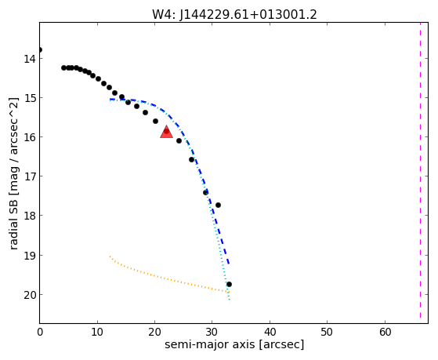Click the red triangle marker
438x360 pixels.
coord(166,133)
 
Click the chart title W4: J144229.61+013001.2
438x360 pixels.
coord(234,14)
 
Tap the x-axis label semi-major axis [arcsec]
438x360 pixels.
coord(234,344)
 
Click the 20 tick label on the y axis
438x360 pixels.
coord(30,295)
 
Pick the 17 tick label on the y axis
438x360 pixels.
coord(30,176)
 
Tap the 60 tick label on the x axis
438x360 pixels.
coord(385,333)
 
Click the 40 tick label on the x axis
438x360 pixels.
coord(270,333)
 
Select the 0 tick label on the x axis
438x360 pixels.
coord(40,333)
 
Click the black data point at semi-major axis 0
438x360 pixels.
coord(40,49)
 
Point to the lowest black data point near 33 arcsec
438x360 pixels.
coord(229,284)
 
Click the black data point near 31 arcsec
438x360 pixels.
coord(218,205)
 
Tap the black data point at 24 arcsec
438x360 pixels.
coord(179,140)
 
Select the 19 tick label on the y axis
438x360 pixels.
coord(30,256)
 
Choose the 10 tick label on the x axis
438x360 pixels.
coord(97,333)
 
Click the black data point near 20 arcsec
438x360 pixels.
coord(156,121)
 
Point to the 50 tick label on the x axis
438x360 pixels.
coord(328,333)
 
